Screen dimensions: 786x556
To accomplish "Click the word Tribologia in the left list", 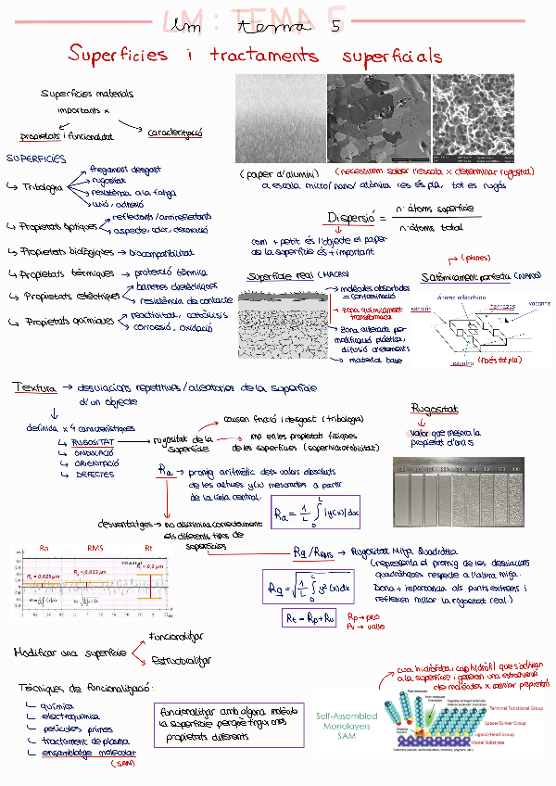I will pyautogui.click(x=42, y=186).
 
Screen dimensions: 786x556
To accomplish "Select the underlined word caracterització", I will pyautogui.click(x=175, y=133).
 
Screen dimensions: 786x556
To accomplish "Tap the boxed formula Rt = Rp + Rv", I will pyautogui.click(x=309, y=619).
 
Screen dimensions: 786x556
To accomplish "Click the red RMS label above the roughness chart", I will pyautogui.click(x=95, y=548).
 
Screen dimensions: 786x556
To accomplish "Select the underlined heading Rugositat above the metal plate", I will pyautogui.click(x=434, y=409).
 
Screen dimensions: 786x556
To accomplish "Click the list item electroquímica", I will pyautogui.click(x=61, y=716).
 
